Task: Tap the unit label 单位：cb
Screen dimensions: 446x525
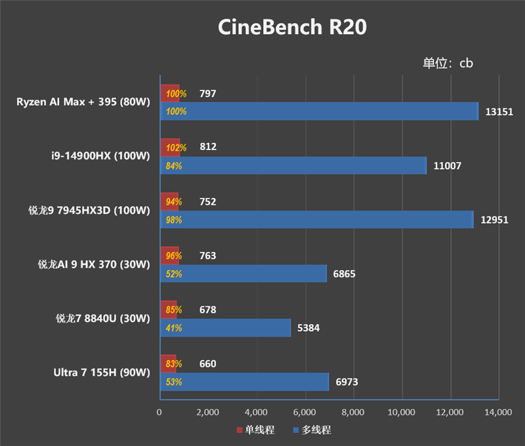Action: [448, 63]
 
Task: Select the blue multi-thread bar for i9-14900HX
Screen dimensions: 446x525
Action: [293, 166]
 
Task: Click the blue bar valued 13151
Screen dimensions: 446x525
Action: [319, 111]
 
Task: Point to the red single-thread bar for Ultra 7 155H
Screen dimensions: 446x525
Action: [168, 363]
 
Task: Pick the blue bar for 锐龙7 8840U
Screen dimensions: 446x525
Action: [225, 327]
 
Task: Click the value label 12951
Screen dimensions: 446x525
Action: [494, 220]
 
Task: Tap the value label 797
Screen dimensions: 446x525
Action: [207, 94]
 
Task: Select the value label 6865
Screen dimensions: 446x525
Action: [344, 274]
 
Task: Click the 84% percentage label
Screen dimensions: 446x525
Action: [174, 166]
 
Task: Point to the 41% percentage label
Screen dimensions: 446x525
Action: [174, 327]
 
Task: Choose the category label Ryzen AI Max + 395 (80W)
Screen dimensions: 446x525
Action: [84, 102]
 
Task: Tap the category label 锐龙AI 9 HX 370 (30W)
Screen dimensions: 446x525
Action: [94, 264]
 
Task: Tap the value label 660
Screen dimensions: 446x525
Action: [207, 363]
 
